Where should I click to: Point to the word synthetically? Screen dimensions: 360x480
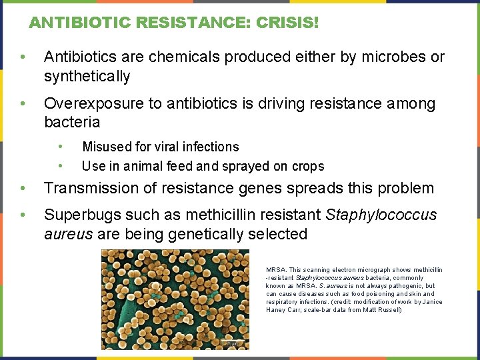click(x=87, y=76)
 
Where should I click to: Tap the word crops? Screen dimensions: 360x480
click(x=308, y=166)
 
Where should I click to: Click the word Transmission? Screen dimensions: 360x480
click(x=87, y=189)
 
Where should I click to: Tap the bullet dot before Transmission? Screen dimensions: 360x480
click(x=23, y=189)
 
